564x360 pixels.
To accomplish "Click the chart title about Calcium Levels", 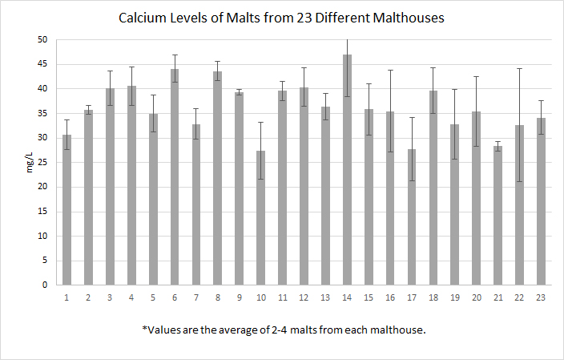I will click(x=280, y=17).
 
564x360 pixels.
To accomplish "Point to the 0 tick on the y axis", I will click(x=46, y=285).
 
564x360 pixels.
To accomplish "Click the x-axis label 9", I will click(x=239, y=297).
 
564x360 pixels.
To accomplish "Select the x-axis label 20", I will click(x=476, y=297).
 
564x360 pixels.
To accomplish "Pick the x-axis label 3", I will click(x=110, y=297).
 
